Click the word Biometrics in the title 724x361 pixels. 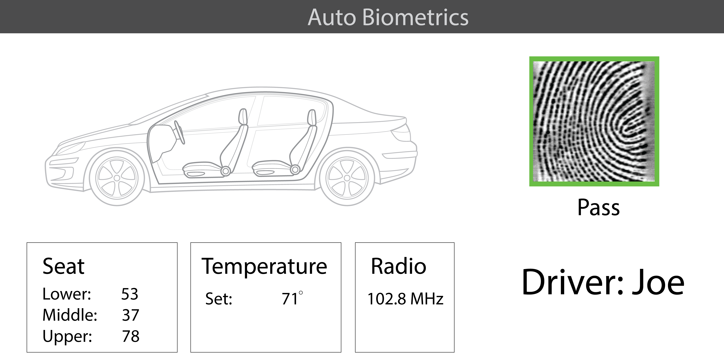pyautogui.click(x=415, y=17)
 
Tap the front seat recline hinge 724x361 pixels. pyautogui.click(x=225, y=171)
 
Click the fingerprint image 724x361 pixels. pyautogui.click(x=594, y=121)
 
